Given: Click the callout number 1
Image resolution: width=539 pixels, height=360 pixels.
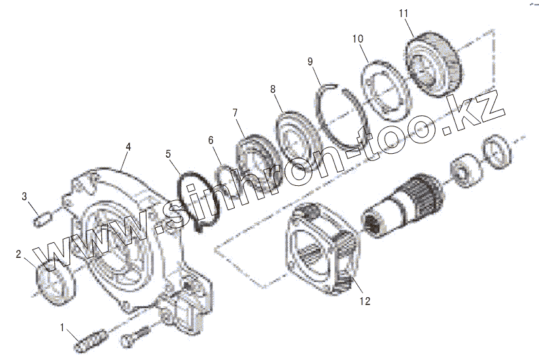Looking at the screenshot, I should (x=63, y=327).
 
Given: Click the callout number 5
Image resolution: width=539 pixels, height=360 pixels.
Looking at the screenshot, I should (x=168, y=154).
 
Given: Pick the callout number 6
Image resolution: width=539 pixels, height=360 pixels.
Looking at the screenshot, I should (x=211, y=139).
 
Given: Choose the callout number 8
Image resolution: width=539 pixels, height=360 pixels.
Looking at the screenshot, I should (x=273, y=89).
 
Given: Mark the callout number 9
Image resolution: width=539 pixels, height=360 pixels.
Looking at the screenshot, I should (x=311, y=62).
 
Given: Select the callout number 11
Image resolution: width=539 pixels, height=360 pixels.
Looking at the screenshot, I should (x=403, y=12).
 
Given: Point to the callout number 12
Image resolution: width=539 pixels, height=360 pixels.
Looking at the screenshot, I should (x=364, y=302).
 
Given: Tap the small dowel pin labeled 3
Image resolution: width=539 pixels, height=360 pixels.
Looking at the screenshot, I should (x=42, y=217).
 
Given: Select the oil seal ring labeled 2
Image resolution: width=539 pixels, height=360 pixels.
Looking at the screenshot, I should (x=52, y=281).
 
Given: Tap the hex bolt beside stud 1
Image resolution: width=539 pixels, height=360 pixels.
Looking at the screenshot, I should (x=135, y=336).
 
